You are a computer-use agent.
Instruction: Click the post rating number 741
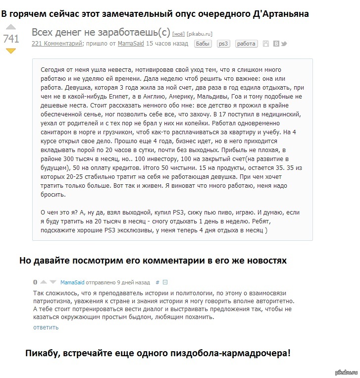tap(11, 38)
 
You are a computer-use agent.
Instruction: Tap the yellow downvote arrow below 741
tap(11, 51)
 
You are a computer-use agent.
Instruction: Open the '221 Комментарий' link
tap(57, 44)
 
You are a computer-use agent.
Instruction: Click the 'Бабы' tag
tap(203, 44)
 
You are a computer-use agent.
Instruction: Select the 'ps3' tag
tap(223, 44)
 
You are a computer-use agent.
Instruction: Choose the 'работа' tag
tap(246, 44)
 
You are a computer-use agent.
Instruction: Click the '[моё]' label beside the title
tap(178, 34)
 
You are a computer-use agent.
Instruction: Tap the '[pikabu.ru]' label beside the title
tap(199, 34)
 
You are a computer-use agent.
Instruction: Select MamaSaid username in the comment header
tap(72, 282)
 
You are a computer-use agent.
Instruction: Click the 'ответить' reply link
tap(46, 327)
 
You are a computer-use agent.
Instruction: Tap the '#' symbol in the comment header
tap(157, 282)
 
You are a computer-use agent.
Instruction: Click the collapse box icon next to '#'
tap(165, 282)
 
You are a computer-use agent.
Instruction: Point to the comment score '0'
tap(35, 282)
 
